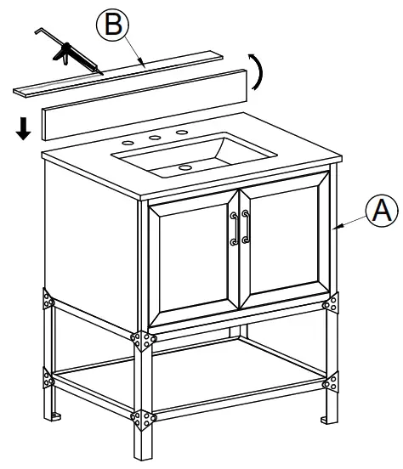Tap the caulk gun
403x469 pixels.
[x=63, y=52]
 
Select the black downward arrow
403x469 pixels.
[x=24, y=129]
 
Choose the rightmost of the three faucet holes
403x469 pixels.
[x=182, y=133]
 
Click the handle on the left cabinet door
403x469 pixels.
[x=232, y=229]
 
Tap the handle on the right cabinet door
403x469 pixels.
[x=246, y=228]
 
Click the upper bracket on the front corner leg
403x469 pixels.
[x=142, y=339]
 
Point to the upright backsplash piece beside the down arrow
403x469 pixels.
[x=145, y=105]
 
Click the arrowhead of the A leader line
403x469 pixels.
[x=338, y=226]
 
